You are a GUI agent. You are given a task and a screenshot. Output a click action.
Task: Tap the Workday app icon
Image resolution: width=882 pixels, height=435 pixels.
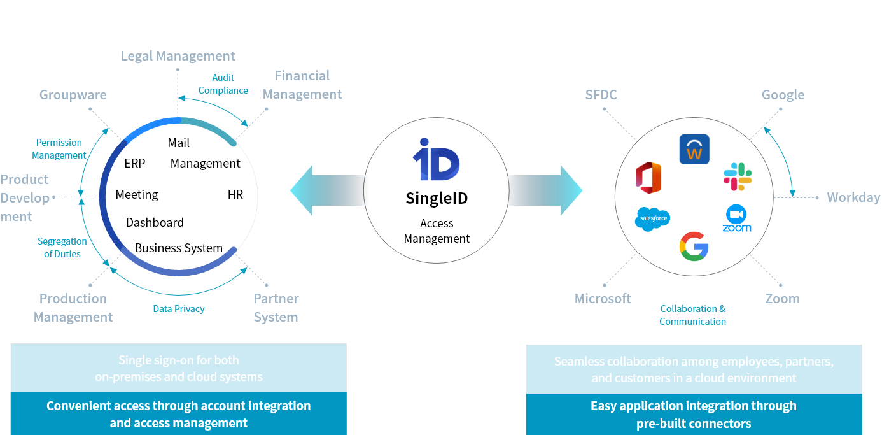(694, 150)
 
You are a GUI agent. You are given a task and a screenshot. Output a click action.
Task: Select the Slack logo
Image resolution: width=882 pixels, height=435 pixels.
(738, 176)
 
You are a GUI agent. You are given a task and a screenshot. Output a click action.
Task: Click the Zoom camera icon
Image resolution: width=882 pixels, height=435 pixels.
(736, 215)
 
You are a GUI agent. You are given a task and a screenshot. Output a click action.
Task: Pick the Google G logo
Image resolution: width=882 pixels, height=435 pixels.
(694, 246)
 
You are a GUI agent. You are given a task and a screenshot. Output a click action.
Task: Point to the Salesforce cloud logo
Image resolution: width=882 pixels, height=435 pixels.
(652, 219)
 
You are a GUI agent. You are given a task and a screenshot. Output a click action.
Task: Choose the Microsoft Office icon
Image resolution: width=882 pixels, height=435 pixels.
(648, 178)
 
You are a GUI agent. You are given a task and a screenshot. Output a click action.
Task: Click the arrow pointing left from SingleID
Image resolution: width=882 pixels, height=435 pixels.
(318, 190)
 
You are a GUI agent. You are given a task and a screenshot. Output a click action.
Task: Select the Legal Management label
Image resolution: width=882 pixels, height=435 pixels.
(178, 56)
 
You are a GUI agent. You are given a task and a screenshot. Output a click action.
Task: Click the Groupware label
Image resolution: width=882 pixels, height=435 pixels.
(73, 95)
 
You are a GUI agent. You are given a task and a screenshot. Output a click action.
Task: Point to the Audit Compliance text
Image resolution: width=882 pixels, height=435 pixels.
(223, 84)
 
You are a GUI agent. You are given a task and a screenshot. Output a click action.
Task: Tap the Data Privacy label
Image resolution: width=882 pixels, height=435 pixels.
(179, 309)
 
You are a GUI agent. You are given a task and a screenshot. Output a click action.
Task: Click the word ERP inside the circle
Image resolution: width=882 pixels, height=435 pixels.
(135, 164)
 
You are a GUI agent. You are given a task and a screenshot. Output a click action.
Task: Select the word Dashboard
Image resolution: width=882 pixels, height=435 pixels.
(155, 222)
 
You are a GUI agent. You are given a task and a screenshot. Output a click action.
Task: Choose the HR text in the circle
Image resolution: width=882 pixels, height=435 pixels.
(235, 195)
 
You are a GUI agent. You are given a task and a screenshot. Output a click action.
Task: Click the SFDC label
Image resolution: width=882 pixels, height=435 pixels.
(601, 95)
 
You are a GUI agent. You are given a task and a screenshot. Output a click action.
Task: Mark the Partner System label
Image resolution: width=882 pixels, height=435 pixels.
(276, 308)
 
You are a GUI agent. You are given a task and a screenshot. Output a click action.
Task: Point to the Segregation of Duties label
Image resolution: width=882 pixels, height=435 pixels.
(62, 248)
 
